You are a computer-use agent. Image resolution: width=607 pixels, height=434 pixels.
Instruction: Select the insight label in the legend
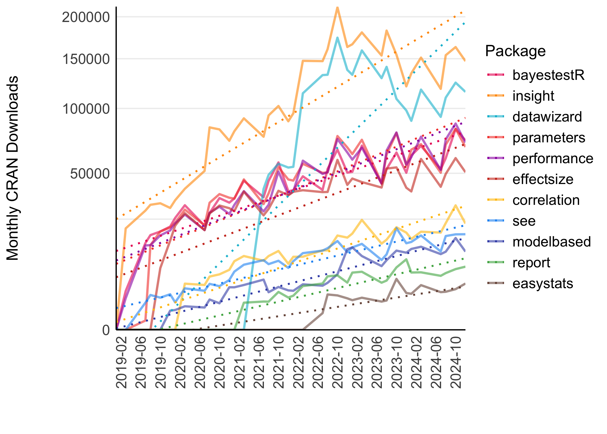[x=533, y=96]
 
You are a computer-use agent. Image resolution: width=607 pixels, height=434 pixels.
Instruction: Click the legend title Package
[x=515, y=51]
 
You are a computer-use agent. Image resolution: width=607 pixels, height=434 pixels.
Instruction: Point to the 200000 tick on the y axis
[x=86, y=17]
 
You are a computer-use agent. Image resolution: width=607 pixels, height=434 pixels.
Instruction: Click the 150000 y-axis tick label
[x=86, y=59]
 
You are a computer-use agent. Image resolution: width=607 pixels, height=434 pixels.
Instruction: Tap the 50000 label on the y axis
[x=90, y=174]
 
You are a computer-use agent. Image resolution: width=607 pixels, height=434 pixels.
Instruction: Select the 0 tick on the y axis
[x=106, y=330]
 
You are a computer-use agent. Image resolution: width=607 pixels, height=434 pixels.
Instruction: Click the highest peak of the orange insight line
[x=337, y=7]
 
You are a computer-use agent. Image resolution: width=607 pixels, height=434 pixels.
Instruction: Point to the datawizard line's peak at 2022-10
[x=337, y=38]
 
